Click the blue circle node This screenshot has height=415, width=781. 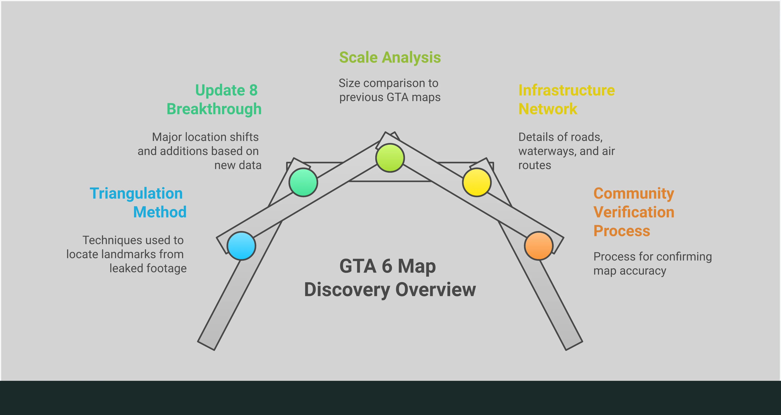coord(241,246)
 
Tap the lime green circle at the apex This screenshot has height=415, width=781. coord(390,158)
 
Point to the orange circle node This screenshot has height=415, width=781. coord(539,246)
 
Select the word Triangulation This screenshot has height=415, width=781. coord(136,193)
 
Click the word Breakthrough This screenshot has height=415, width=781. coord(214,109)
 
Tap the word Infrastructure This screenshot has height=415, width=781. coord(567,90)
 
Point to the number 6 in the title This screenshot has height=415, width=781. coord(387,266)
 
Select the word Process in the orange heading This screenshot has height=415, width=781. coord(622,231)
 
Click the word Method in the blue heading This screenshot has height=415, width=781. coord(160,212)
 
